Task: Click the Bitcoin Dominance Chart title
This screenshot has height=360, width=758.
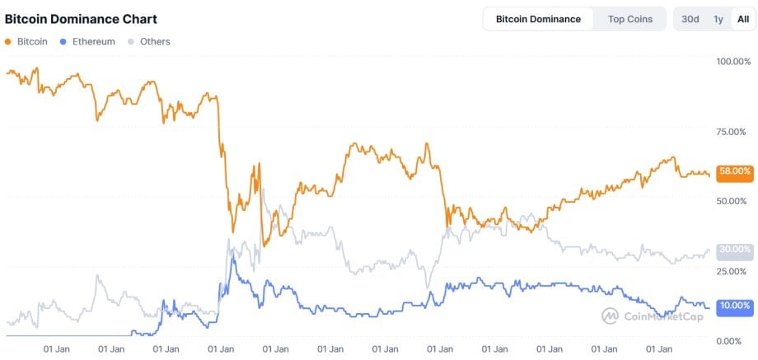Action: [81, 19]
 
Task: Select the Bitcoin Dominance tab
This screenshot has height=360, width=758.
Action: [538, 19]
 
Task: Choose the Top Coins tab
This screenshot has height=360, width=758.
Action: [629, 19]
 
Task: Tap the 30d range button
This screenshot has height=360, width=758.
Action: [690, 19]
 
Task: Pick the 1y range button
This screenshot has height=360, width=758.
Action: [718, 19]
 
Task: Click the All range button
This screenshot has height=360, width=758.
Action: [742, 19]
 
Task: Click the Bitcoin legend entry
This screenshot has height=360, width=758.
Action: [32, 41]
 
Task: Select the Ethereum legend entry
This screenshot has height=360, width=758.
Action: [93, 41]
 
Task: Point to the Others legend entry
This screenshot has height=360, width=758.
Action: [155, 41]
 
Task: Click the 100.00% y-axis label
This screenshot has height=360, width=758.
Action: [733, 62]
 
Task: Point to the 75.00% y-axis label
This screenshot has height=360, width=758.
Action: [733, 132]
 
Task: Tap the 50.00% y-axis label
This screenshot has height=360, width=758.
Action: [733, 201]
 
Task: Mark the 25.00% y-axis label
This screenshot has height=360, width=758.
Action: [733, 271]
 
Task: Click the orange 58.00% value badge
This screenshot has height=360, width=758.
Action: [734, 171]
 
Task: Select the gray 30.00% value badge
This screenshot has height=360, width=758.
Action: [734, 249]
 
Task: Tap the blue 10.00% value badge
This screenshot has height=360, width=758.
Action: [734, 306]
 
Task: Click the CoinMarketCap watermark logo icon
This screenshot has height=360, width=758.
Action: [611, 316]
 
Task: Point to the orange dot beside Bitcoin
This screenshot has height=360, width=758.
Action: [8, 41]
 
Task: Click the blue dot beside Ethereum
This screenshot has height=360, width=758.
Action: [64, 41]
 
